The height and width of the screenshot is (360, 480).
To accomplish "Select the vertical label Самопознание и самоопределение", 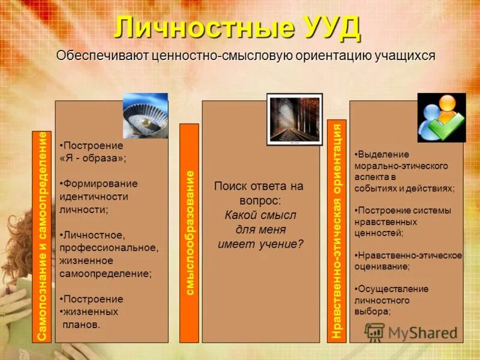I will coord(41,236).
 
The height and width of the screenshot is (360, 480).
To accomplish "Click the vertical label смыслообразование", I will coord(189,232).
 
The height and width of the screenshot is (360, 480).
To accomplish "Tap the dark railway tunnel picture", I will coord(294,119).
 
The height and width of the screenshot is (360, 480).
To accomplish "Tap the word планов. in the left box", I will coord(81,325).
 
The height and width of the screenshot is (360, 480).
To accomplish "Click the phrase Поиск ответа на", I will coord(259,186).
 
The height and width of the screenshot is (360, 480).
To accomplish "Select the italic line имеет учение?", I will coord(260,244).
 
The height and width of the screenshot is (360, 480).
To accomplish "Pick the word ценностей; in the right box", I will coord(378,232).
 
